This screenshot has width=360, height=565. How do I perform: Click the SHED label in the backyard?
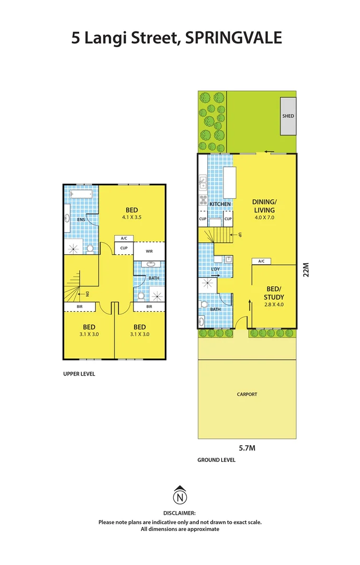[x=288, y=116]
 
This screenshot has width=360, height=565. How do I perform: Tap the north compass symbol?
[x=179, y=494]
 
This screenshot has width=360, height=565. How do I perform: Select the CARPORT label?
[x=247, y=394]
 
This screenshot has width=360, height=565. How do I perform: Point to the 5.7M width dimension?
[x=246, y=448]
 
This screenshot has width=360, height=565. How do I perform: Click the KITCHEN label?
[x=220, y=204]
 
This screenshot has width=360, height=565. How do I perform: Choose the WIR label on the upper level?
[x=149, y=251]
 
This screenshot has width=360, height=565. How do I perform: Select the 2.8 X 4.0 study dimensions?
[x=274, y=304]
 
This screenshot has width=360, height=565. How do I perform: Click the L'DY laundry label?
[x=215, y=269]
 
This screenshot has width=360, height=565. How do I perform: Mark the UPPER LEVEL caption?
[x=79, y=374]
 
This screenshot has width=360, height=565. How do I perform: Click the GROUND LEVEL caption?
[x=216, y=460]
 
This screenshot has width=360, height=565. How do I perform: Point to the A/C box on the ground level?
[x=261, y=261]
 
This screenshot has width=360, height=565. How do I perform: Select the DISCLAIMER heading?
[x=179, y=513]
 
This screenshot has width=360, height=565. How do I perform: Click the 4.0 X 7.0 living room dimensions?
[x=264, y=217]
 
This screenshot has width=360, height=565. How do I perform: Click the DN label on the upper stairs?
[x=87, y=293]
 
